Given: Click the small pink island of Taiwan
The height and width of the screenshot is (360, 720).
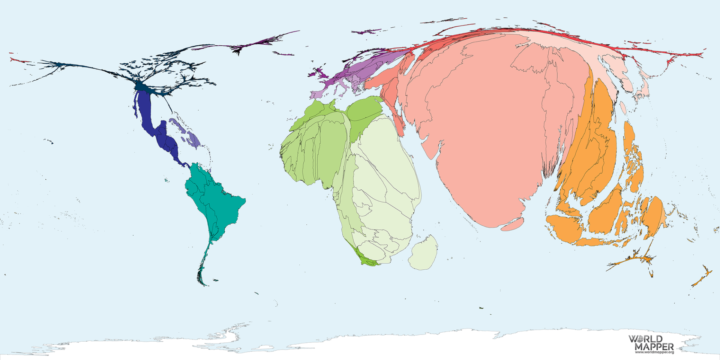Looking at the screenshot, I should pos(623,108).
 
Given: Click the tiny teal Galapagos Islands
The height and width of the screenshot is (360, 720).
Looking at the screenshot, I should pos(166,180).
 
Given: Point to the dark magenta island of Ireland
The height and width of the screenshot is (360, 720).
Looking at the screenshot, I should pos(311,75).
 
